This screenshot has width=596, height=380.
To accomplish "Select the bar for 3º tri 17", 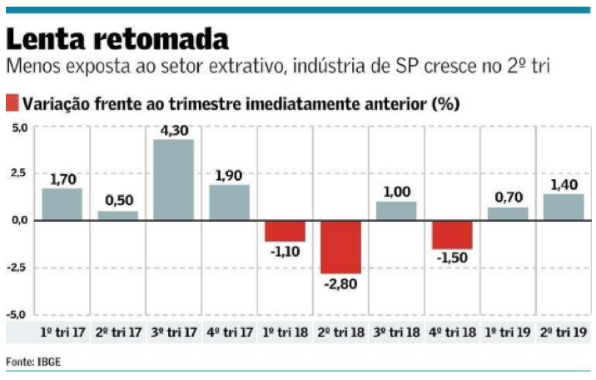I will click(173, 179).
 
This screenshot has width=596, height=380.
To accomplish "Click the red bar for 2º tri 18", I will click(340, 247).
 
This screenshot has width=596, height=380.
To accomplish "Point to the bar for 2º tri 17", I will click(117, 215).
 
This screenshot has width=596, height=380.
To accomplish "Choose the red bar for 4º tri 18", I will click(451, 234).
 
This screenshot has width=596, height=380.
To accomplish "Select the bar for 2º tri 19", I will click(563, 207).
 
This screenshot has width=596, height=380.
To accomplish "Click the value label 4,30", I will click(173, 131).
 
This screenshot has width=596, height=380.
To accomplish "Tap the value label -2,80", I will click(340, 283).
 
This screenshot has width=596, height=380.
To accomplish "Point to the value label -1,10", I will click(285, 251).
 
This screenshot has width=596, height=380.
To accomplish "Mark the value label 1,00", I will click(395, 192).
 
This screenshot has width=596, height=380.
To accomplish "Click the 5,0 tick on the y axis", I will click(19, 127).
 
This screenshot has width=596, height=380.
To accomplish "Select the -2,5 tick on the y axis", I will click(17, 267).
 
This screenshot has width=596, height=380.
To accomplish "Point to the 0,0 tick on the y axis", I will click(19, 220).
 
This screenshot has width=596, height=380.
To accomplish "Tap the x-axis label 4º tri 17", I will click(229, 332).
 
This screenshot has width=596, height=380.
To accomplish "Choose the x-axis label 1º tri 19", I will click(507, 332).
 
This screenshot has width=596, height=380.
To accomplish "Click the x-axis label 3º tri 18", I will click(395, 332).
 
